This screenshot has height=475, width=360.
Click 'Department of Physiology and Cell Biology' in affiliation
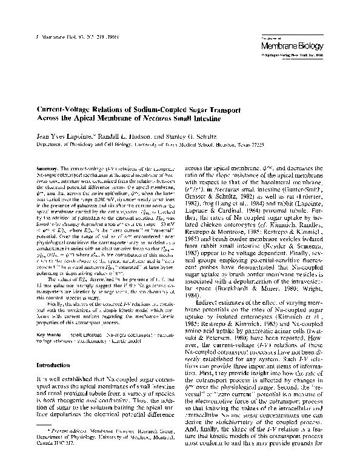point(81,145)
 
